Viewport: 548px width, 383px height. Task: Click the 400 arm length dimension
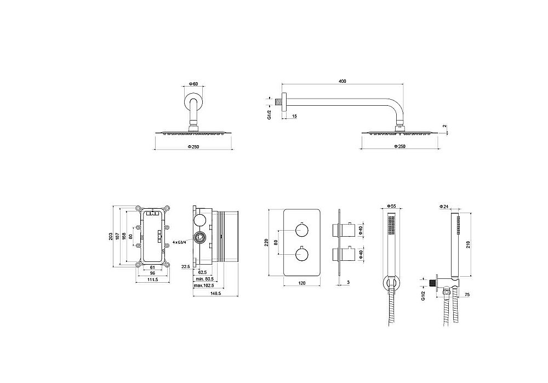tap(342, 81)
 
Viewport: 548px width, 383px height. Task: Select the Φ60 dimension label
tap(193, 84)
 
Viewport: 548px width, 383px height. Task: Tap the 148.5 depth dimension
tap(215, 294)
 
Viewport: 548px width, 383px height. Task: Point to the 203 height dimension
tap(111, 236)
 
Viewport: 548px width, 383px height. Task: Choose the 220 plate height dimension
tap(266, 243)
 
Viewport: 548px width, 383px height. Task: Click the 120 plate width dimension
tap(302, 283)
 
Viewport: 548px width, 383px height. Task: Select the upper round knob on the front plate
tap(301, 231)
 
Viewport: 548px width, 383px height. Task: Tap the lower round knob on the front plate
tap(301, 254)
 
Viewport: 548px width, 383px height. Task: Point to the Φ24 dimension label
tap(443, 207)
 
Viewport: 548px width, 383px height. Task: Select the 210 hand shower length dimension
tap(468, 243)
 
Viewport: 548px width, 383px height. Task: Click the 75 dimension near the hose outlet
tap(467, 295)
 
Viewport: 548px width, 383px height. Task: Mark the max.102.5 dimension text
tap(204, 286)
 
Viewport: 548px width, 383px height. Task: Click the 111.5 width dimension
tap(153, 279)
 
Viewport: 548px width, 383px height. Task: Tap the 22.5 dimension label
tap(186, 267)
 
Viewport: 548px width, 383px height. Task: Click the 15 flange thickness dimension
tap(294, 116)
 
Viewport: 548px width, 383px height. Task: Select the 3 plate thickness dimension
tap(349, 282)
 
